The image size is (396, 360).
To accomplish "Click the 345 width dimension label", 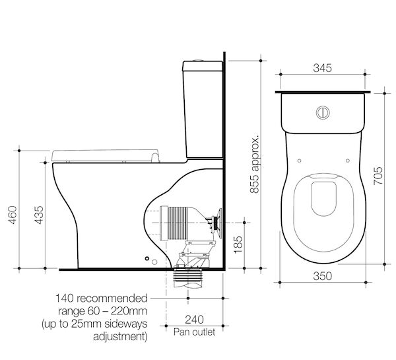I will point(323,69).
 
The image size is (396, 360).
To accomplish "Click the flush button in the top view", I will point(323,112).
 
